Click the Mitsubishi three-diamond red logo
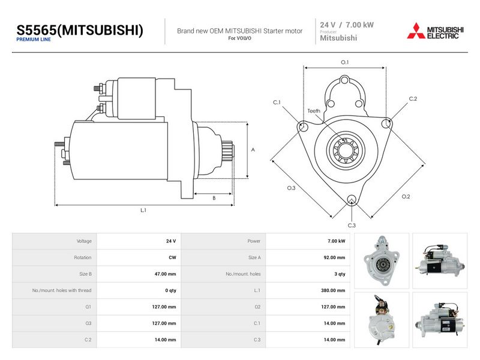click(x=416, y=31)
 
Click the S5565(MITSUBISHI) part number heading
click(x=80, y=30)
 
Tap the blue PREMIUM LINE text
click(x=34, y=40)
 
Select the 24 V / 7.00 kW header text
click(x=347, y=25)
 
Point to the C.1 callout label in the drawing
click(x=277, y=102)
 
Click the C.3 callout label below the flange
click(x=352, y=226)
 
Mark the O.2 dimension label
click(x=406, y=197)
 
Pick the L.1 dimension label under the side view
click(x=143, y=211)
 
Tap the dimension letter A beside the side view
click(x=253, y=149)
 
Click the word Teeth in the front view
click(x=314, y=111)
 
